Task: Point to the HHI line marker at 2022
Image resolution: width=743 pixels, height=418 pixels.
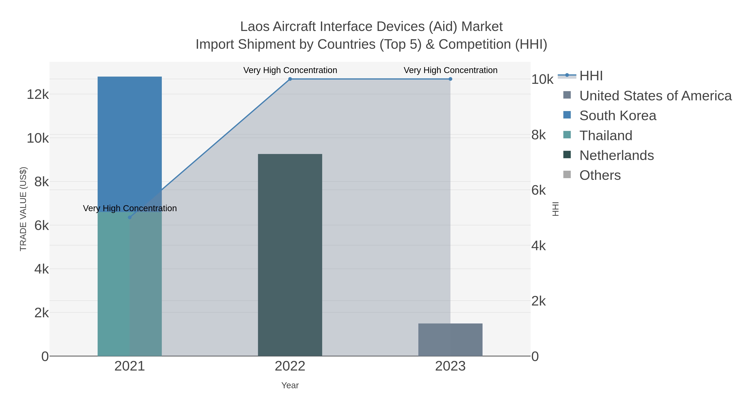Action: point(290,79)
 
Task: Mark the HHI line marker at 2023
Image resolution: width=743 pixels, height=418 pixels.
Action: point(450,79)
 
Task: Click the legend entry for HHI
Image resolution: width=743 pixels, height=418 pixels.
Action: point(591,76)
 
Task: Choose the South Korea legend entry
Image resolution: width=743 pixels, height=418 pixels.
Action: point(618,116)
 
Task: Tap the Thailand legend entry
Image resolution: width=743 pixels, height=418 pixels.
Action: point(606,136)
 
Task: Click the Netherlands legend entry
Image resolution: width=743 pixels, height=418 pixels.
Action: point(616,155)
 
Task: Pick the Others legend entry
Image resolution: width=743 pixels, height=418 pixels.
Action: point(600,175)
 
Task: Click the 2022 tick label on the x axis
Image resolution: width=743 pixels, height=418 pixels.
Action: point(290,366)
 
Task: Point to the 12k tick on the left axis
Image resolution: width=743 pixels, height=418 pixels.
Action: point(38,94)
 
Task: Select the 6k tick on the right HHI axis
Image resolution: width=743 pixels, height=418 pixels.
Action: point(538,190)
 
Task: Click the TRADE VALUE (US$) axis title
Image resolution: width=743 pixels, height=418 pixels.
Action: point(23,209)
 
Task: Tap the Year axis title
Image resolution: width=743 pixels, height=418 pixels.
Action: point(290,385)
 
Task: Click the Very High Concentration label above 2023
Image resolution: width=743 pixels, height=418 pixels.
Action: point(450,70)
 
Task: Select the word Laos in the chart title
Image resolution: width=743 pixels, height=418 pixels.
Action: point(255,27)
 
